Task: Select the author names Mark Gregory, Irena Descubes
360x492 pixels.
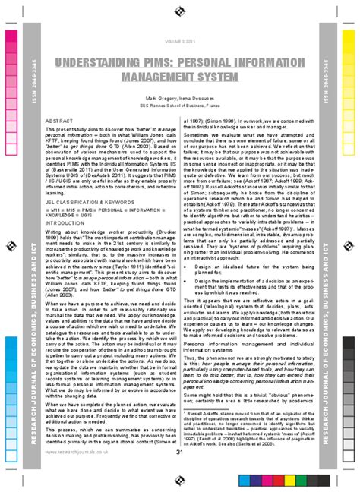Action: coord(180,99)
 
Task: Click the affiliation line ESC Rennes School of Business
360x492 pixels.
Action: coord(180,107)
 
